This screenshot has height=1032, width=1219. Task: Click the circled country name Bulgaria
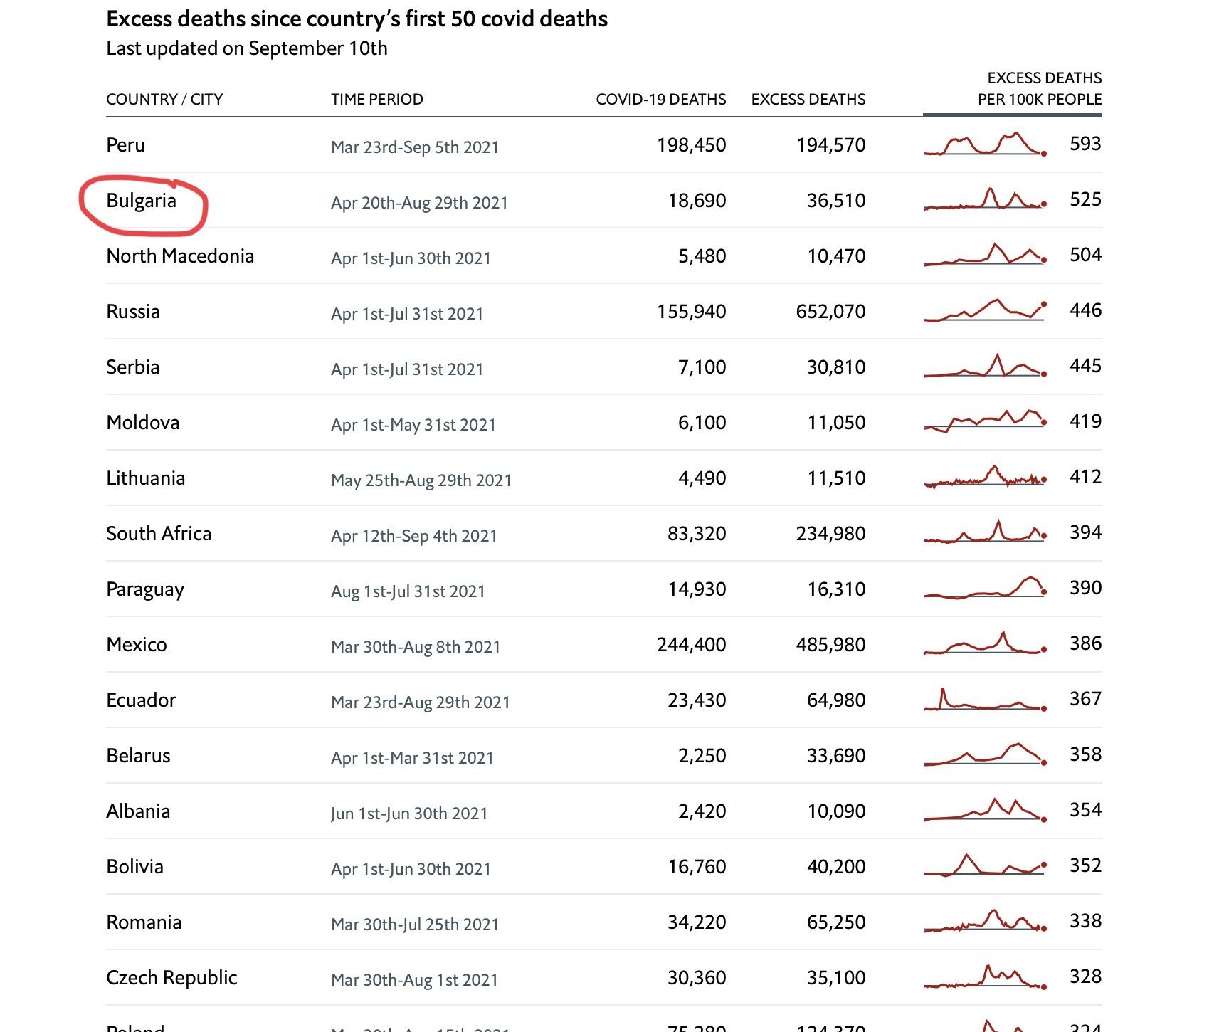(x=141, y=201)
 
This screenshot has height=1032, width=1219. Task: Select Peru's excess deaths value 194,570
(x=830, y=145)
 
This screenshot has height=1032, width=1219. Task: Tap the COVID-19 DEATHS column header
(x=660, y=100)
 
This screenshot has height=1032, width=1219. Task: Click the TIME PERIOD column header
(x=376, y=100)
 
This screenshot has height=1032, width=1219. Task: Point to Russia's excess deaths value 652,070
(x=830, y=312)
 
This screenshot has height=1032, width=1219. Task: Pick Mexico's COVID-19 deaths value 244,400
(x=691, y=645)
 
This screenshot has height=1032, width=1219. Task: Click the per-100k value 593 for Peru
(x=1085, y=144)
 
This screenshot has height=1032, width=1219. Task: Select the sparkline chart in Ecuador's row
(x=984, y=700)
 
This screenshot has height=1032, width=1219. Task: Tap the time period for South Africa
(x=413, y=536)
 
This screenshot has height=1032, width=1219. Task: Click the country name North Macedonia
(x=179, y=256)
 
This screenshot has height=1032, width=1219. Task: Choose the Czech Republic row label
(x=171, y=978)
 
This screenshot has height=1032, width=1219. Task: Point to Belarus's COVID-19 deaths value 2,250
(x=702, y=756)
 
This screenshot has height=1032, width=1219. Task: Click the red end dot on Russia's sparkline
(x=1044, y=305)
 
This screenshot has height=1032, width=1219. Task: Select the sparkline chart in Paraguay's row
(x=984, y=588)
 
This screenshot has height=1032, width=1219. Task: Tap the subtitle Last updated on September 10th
(x=246, y=48)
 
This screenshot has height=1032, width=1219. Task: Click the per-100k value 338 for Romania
(x=1085, y=921)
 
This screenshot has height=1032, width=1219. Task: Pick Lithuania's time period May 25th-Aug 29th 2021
(x=421, y=480)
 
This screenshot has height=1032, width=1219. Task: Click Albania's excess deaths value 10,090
(x=835, y=811)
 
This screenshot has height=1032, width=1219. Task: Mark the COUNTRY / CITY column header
(x=164, y=100)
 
